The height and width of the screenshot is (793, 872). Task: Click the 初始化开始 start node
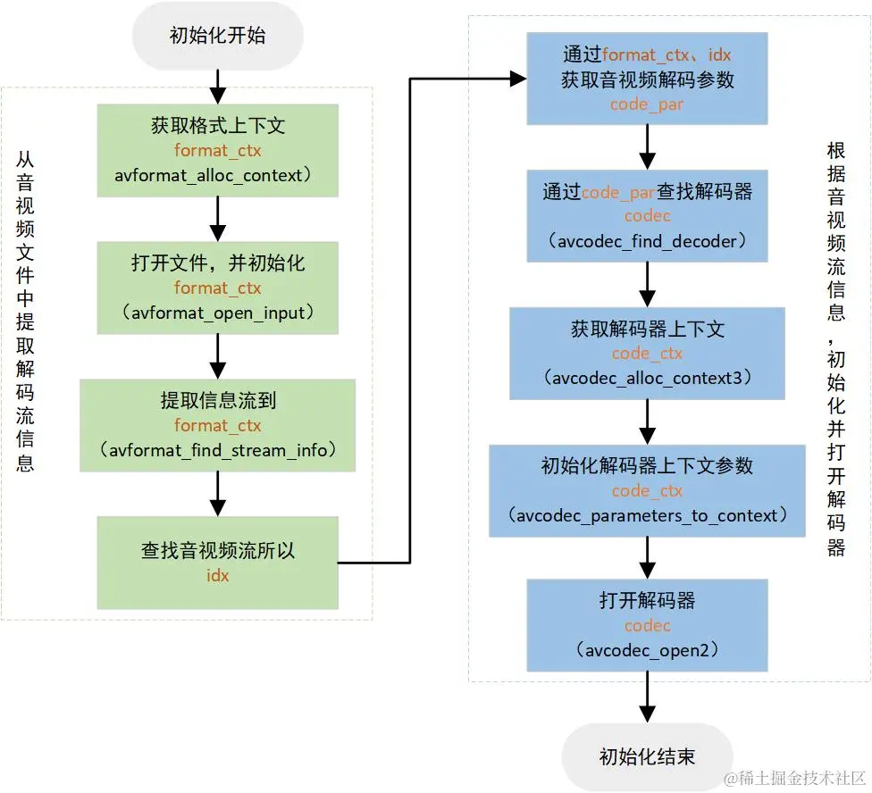pyautogui.click(x=217, y=37)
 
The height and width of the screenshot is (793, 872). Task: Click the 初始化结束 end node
pyautogui.click(x=647, y=756)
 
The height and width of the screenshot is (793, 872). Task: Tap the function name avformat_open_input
pyautogui.click(x=218, y=313)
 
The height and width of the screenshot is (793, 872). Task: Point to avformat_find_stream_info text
pyautogui.click(x=218, y=450)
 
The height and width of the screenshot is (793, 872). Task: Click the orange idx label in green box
pyautogui.click(x=218, y=575)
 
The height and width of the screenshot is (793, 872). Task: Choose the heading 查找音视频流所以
pyautogui.click(x=218, y=551)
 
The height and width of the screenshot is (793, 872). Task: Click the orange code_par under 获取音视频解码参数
pyautogui.click(x=647, y=104)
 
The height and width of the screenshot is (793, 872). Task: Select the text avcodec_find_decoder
pyautogui.click(x=647, y=241)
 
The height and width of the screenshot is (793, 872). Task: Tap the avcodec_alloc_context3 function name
pyautogui.click(x=647, y=378)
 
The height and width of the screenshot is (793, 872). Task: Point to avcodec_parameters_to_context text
pyautogui.click(x=647, y=515)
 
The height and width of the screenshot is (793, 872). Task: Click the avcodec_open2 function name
pyautogui.click(x=647, y=650)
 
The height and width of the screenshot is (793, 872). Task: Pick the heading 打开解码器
pyautogui.click(x=647, y=601)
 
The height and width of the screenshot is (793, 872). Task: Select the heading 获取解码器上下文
pyautogui.click(x=647, y=329)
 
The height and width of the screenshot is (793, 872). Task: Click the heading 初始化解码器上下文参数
pyautogui.click(x=647, y=465)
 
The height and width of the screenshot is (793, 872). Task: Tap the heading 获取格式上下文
pyautogui.click(x=218, y=126)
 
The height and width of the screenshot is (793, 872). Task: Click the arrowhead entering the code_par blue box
pyautogui.click(x=516, y=79)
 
